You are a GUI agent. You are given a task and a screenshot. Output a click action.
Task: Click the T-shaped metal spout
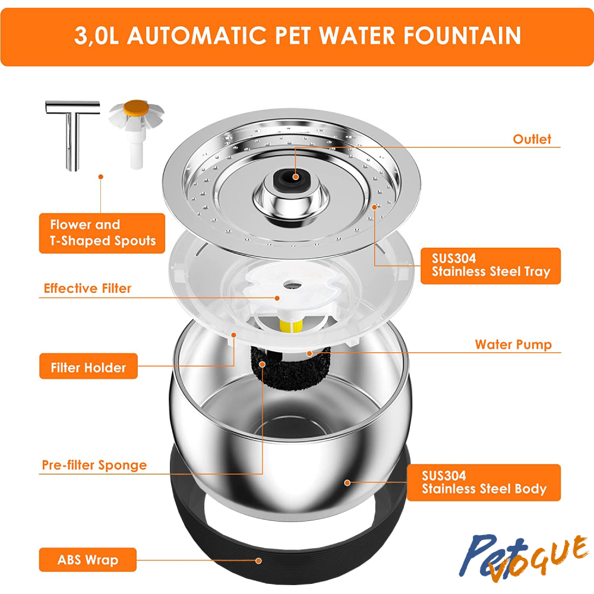72,134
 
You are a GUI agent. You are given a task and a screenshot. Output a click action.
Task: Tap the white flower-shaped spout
137,133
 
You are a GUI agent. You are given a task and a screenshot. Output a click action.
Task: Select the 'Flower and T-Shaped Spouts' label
102,233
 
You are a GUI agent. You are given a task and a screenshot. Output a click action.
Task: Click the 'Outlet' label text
532,139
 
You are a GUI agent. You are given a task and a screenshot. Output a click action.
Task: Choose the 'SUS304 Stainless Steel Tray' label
491,266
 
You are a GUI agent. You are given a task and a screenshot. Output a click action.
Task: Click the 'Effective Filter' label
87,288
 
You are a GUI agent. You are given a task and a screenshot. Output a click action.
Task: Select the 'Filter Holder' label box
89,366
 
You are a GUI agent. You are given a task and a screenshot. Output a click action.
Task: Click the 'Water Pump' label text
513,345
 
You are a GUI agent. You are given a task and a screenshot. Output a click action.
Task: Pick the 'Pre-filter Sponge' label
94,465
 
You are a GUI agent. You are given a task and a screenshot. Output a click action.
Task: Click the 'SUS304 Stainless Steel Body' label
484,482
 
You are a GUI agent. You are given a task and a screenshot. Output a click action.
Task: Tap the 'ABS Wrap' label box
87,560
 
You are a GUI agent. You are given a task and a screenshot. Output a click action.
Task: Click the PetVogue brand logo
523,557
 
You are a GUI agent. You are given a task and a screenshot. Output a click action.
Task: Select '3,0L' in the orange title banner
97,36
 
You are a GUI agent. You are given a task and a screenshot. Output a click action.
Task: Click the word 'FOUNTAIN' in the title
462,36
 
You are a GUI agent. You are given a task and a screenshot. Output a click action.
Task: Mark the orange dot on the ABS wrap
259,561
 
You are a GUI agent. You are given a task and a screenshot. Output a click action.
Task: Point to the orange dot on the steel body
347,482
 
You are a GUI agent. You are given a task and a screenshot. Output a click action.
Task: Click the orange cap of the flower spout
136,107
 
